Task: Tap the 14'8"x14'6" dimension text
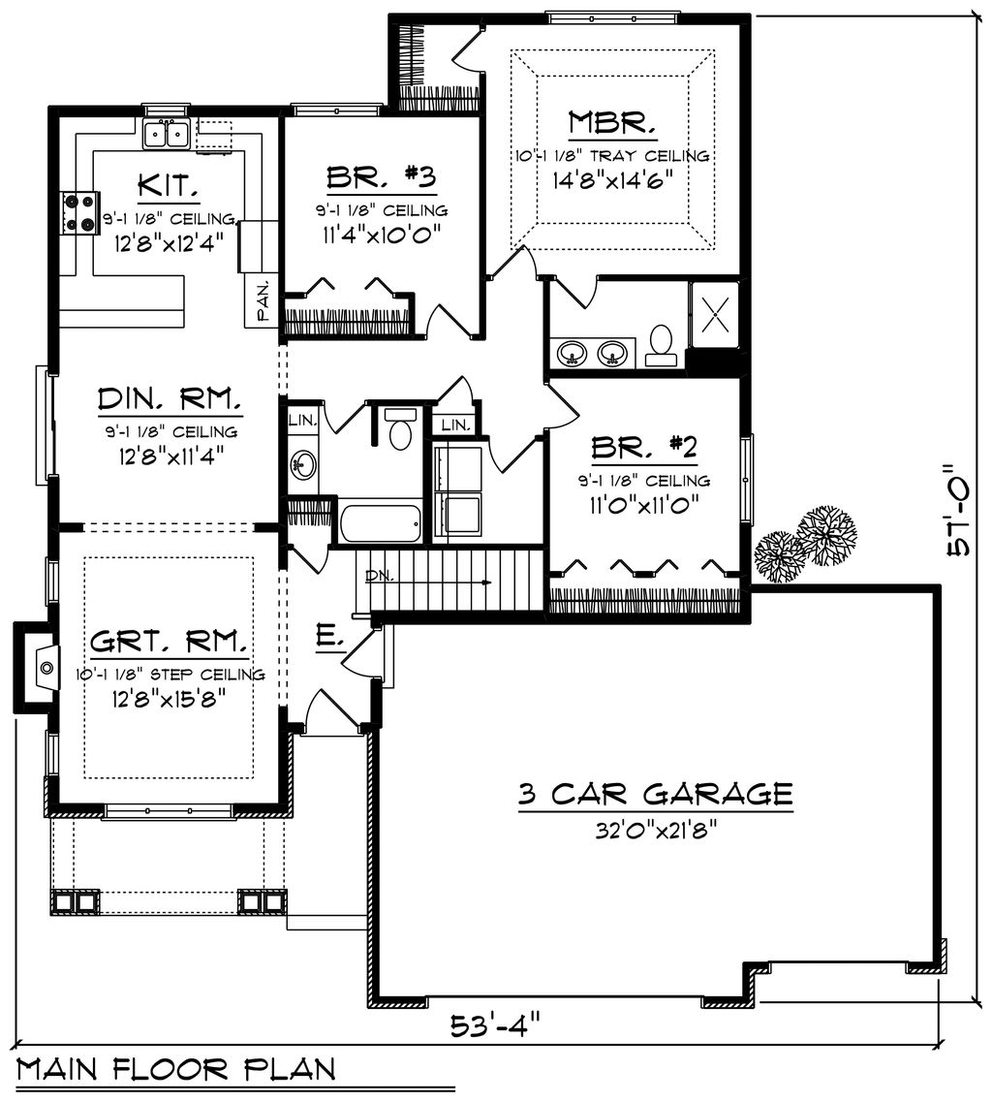click(x=612, y=178)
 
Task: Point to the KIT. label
click(x=170, y=184)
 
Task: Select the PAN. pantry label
click(x=263, y=306)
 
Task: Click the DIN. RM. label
click(x=170, y=399)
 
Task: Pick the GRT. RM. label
click(x=170, y=642)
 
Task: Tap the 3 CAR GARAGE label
click(x=655, y=795)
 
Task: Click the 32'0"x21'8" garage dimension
click(x=655, y=830)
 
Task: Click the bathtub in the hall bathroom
click(x=380, y=523)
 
